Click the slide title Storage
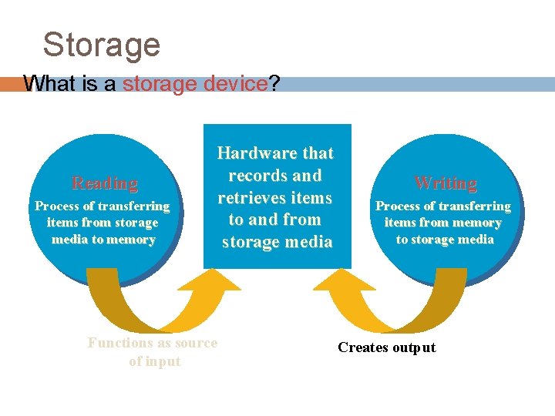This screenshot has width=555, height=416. coord(101,45)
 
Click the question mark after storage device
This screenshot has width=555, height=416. coord(274,83)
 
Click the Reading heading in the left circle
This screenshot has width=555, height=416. coord(104,183)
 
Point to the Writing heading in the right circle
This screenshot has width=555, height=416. coord(446,183)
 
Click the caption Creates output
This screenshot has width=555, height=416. coord(386,347)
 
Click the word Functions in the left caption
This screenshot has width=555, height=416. coord(119,344)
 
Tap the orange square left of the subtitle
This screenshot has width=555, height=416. coord(9,83)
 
